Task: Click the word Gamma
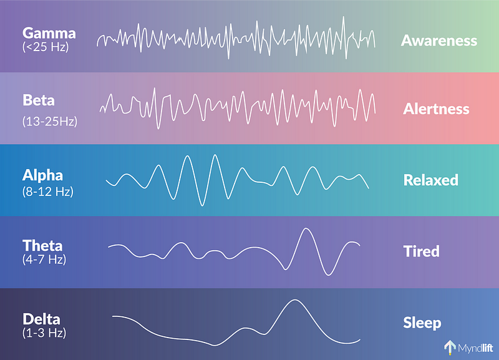49,34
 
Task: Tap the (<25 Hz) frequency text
46,47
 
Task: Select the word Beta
39,100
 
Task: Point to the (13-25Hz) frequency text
50,121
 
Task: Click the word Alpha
42,175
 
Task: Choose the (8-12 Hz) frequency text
48,192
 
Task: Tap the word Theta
42,246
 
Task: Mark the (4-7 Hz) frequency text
44,259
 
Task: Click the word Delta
41,319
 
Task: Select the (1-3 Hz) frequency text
44,333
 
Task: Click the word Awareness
439,41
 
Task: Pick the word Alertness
436,109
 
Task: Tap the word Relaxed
431,180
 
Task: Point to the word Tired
422,251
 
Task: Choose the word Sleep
422,323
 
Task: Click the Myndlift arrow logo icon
450,348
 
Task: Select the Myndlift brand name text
475,348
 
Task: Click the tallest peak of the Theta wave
306,228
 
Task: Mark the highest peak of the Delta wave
295,300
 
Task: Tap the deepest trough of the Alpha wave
201,206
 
